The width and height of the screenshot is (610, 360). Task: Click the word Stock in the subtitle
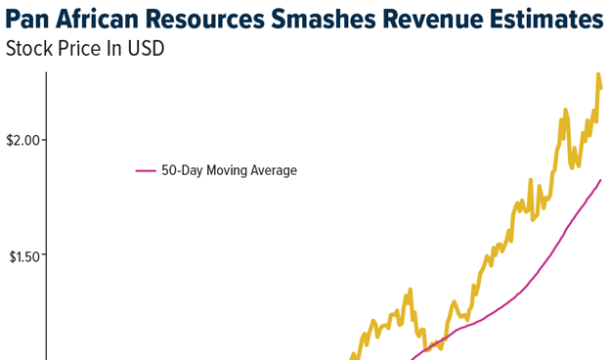[29, 49]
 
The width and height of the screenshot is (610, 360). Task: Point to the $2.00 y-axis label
[23, 140]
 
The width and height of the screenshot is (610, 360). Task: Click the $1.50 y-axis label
[23, 256]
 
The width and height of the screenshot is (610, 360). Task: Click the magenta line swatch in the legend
[146, 171]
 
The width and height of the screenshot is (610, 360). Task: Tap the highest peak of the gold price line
[597, 73]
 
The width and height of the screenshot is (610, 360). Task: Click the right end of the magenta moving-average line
[600, 180]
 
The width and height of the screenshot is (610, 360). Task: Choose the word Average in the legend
[275, 171]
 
